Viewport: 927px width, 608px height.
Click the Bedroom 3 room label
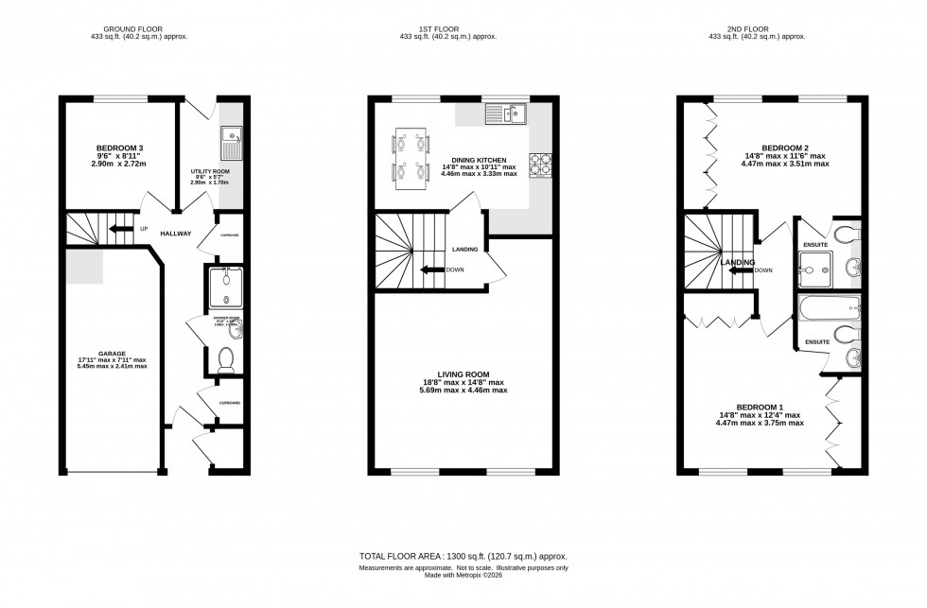click(x=118, y=148)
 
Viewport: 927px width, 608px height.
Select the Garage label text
click(x=113, y=354)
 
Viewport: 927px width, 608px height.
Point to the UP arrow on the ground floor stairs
click(x=121, y=229)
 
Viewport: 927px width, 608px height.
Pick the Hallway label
click(x=176, y=234)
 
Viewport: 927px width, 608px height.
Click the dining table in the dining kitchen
click(x=407, y=158)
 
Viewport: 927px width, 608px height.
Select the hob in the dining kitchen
click(x=542, y=165)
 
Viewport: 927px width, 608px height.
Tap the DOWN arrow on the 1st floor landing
click(x=435, y=269)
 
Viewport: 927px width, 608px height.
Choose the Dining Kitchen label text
click(x=470, y=162)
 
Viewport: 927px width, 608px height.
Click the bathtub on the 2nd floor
click(x=829, y=310)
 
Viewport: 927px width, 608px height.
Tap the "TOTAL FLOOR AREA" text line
click(x=463, y=557)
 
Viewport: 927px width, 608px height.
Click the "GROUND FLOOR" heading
click(x=131, y=29)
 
